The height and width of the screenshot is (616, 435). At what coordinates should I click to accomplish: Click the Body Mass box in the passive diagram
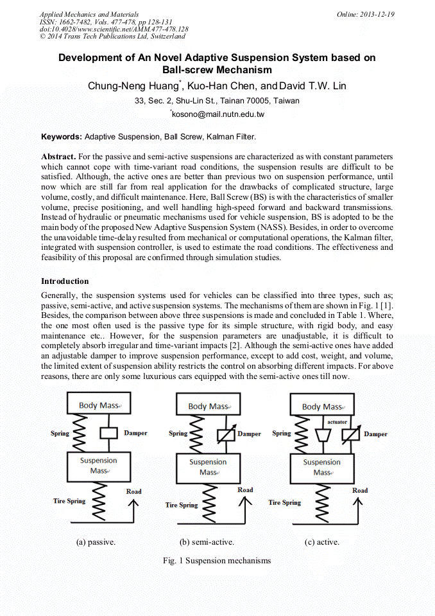point(99,405)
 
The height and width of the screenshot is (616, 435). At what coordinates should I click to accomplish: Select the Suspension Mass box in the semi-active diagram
point(208,467)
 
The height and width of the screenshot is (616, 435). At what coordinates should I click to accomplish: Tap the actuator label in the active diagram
point(337,422)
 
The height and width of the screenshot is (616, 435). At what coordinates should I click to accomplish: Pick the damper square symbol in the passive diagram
point(109,433)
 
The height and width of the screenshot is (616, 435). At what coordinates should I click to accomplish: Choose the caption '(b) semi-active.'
point(207,542)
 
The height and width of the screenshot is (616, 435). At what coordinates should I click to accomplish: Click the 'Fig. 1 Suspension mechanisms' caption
point(217,561)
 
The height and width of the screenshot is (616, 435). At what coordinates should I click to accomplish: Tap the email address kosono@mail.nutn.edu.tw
point(218,114)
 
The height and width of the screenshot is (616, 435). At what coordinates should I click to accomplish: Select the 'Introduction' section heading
point(65,281)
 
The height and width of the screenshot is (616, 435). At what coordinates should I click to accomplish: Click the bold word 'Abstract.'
point(58,157)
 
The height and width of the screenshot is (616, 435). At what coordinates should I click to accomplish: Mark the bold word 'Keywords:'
point(62,137)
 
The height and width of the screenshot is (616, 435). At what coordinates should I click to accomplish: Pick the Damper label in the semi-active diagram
point(249,434)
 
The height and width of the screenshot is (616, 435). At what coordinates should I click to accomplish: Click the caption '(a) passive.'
point(96,542)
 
